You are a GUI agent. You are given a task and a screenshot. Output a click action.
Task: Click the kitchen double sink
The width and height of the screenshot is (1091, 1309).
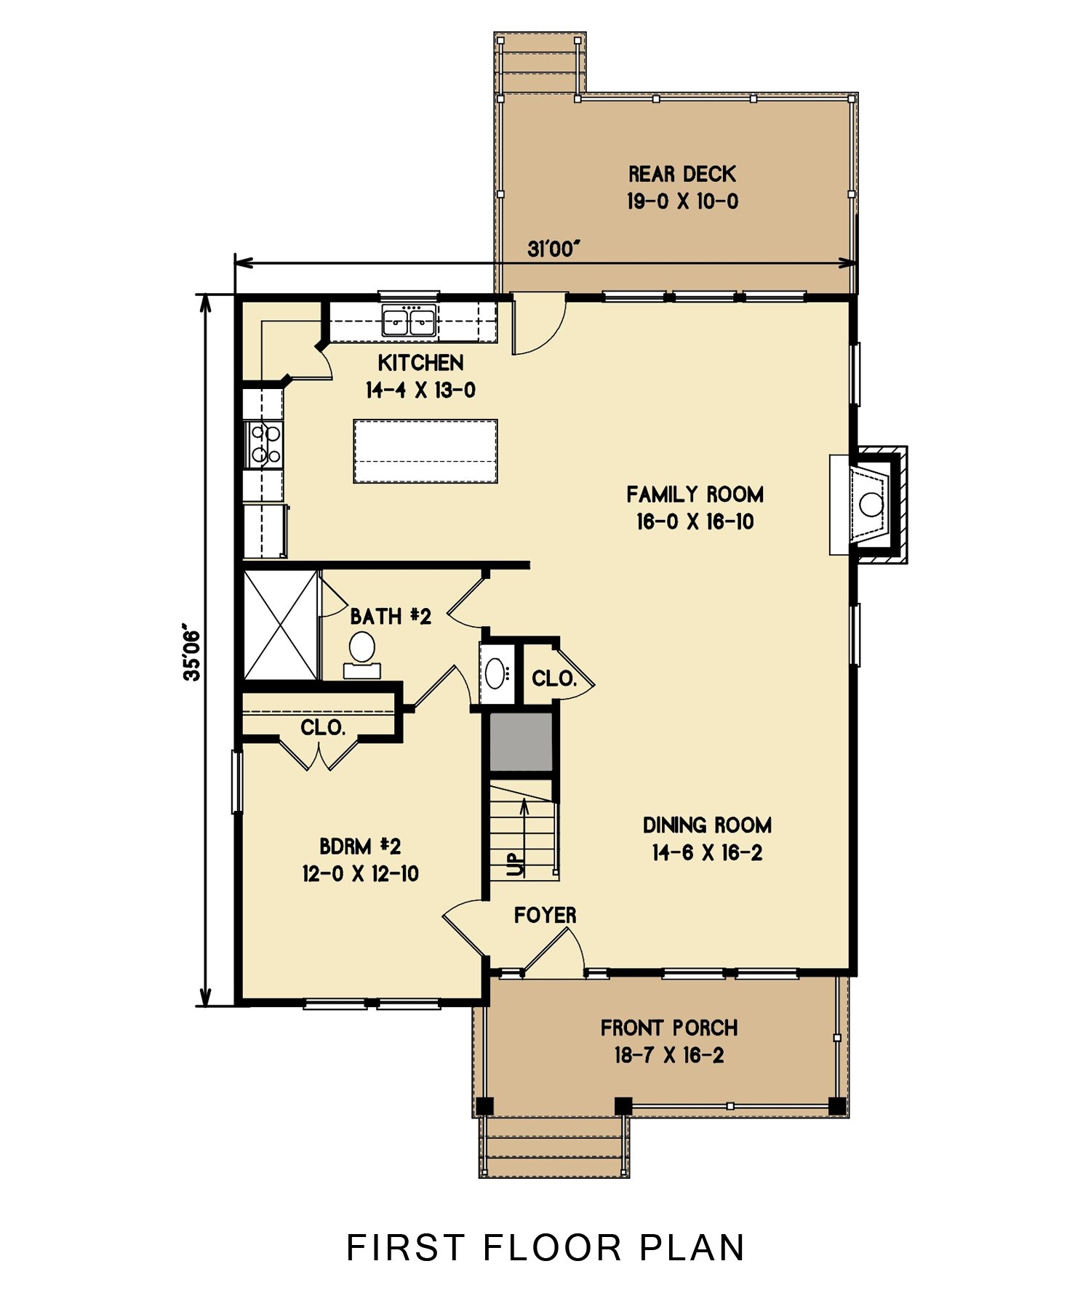[x=409, y=321]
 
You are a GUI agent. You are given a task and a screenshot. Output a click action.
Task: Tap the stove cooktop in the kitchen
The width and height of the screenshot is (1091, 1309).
[x=264, y=444]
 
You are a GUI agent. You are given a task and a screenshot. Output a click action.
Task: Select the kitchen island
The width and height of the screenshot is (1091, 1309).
[x=425, y=451]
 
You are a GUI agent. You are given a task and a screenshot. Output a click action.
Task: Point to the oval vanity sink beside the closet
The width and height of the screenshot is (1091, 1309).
[x=497, y=673]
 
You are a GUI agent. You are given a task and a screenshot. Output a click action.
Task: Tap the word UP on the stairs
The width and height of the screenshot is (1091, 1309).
[x=516, y=864]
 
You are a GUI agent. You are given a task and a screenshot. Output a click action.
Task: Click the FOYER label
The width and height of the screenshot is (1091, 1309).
[x=545, y=915]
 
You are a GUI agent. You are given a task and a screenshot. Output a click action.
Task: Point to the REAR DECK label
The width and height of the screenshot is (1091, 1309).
[x=682, y=175]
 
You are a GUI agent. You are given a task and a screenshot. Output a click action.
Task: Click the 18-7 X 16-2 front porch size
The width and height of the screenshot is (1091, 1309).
[x=669, y=1055]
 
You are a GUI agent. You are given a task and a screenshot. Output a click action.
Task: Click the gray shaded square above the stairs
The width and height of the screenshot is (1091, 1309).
[x=521, y=742]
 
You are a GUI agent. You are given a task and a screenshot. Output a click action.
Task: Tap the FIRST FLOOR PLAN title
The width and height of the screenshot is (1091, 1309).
[x=545, y=1248]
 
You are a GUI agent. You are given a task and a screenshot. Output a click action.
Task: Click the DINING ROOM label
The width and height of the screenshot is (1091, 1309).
[x=707, y=825]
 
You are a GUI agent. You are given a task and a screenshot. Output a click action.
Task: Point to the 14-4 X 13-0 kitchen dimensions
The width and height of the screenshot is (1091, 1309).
[x=420, y=391]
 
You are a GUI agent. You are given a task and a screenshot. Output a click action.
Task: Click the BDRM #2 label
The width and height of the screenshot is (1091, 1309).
[x=360, y=846]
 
